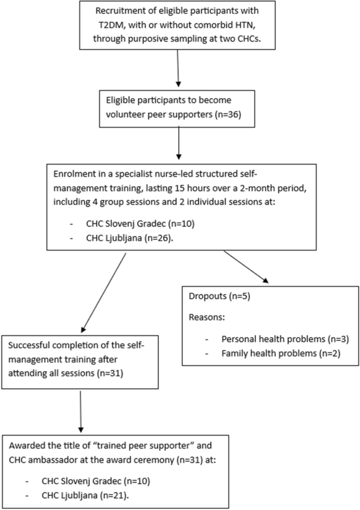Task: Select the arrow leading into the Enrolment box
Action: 179,146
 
